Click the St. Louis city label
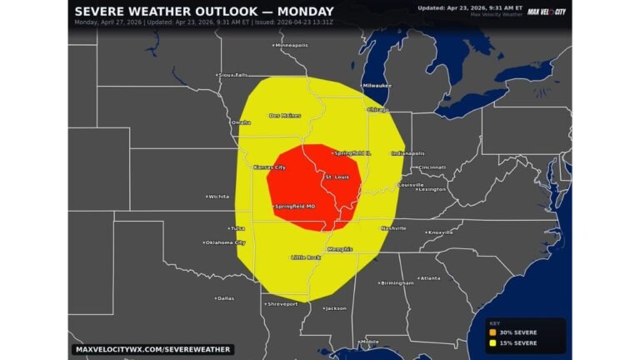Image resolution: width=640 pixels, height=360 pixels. tap(337, 177)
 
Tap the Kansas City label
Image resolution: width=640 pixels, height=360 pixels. tap(269, 167)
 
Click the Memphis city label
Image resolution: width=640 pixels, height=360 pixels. tap(339, 249)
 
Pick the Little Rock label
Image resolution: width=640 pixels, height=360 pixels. tap(306, 257)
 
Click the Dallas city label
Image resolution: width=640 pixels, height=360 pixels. tap(225, 297)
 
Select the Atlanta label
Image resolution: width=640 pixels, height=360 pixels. tap(430, 278)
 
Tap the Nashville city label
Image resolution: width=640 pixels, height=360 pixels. tap(393, 228)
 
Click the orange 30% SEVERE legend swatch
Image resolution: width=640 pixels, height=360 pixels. tap(493, 332)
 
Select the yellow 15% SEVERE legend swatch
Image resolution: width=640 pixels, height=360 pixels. tap(493, 342)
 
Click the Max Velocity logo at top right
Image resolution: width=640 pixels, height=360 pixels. tap(546, 11)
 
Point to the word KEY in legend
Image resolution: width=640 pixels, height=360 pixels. tap(494, 323)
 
